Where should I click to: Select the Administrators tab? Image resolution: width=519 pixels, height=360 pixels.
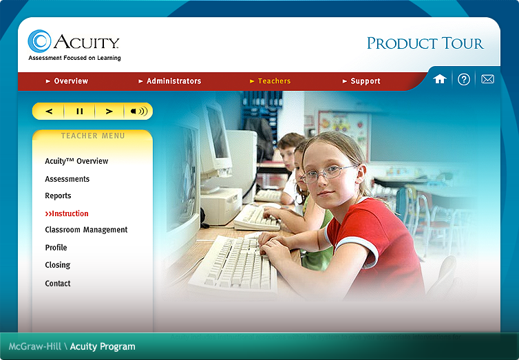pos(173,81)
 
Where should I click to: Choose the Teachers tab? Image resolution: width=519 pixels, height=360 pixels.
pos(273,81)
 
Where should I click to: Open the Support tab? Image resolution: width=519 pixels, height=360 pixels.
pos(364,81)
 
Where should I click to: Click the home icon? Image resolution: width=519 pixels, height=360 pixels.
pos(440,79)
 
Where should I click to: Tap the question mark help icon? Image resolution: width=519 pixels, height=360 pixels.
pos(464,79)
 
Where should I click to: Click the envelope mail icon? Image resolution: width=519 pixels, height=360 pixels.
pos(487,79)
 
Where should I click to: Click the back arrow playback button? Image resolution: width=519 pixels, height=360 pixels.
pos(49,111)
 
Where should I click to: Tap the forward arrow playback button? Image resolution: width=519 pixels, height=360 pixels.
pos(109,111)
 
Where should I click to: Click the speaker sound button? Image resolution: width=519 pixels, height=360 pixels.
pos(138,111)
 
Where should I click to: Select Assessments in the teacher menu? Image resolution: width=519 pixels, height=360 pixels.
pos(67,179)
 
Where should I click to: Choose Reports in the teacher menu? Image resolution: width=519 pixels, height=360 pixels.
pos(58,196)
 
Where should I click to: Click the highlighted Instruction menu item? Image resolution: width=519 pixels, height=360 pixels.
pos(67,213)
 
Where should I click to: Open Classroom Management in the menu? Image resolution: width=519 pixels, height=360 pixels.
pos(86,230)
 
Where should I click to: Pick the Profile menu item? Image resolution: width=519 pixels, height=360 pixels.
pos(56,248)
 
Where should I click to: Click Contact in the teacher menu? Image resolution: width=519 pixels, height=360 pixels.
pos(58,284)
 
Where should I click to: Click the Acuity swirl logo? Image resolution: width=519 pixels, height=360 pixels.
pos(40,41)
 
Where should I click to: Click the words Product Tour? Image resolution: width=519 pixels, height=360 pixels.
pos(425,43)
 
